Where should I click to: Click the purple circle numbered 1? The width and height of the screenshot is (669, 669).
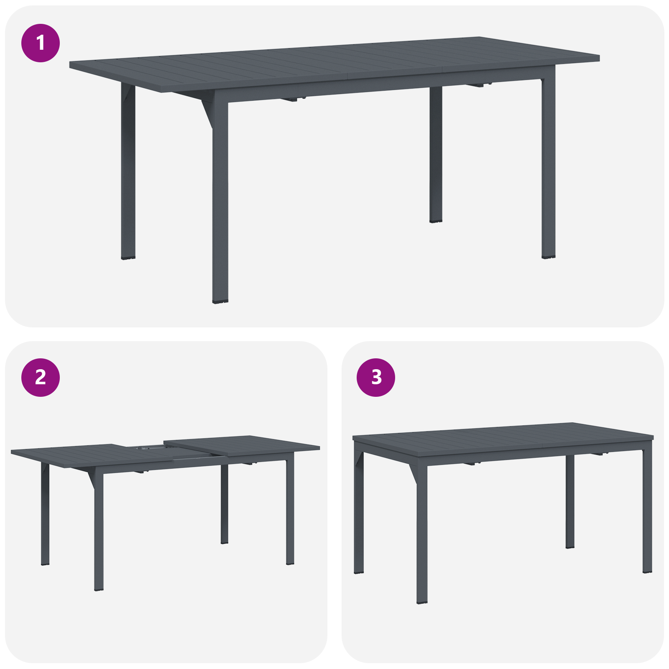pos(41,43)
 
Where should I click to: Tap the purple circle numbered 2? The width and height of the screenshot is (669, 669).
pos(41,377)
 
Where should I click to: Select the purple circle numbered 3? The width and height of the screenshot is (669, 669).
pos(376,377)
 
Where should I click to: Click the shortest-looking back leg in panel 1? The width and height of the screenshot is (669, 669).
pos(436,155)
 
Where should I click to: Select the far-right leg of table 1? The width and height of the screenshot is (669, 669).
pos(548,167)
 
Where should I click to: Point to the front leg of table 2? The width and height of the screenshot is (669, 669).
pos(99,531)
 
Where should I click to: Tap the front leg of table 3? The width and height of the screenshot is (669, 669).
pos(422,535)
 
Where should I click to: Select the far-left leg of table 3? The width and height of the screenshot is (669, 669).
pos(358,514)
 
